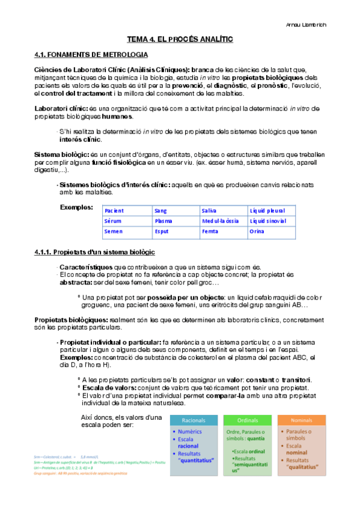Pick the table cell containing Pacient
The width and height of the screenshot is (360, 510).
click(114, 211)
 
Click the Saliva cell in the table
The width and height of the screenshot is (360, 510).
click(210, 211)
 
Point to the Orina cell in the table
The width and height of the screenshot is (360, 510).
click(257, 232)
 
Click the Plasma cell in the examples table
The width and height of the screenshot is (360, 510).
click(163, 221)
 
